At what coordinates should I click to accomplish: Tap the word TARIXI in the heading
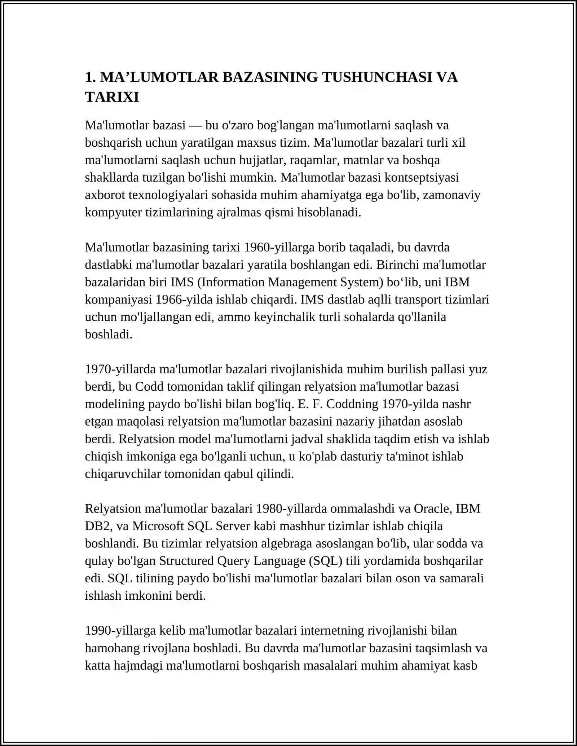coord(112,97)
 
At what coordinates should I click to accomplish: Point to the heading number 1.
coord(90,77)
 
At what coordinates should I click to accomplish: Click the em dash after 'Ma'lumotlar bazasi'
coord(195,125)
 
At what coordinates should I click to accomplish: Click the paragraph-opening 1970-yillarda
coord(120,369)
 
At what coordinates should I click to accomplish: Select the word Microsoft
coord(158,526)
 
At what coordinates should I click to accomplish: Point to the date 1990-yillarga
coord(120,631)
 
